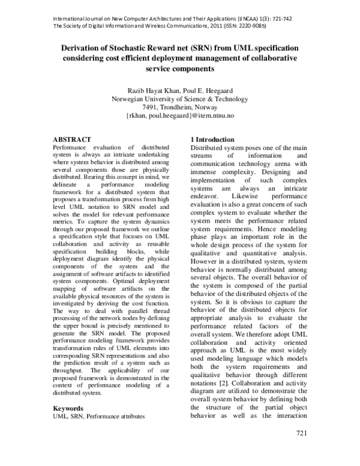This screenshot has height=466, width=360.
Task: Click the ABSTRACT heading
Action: pos(72,139)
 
